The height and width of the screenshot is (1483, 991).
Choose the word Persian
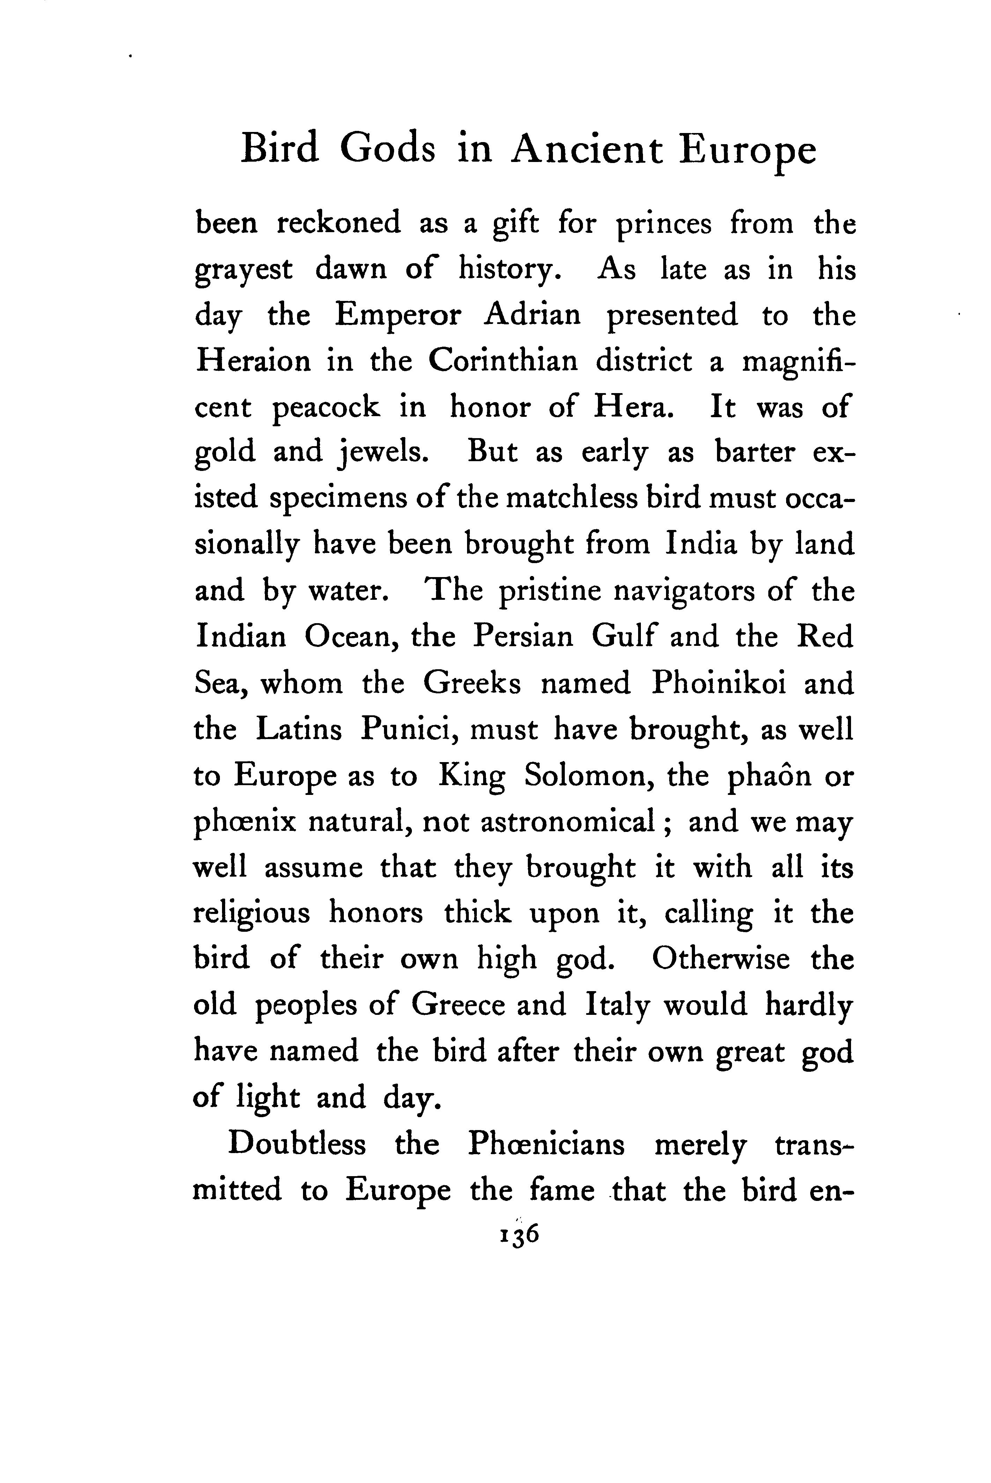(523, 637)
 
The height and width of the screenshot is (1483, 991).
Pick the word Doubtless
(297, 1144)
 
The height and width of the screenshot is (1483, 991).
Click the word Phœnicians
(546, 1144)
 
